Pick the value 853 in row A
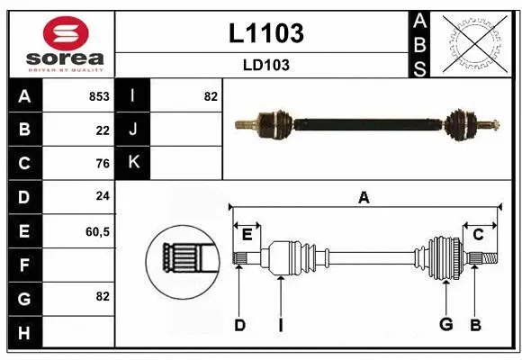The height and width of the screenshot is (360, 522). tap(99, 96)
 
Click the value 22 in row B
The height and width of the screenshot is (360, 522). tap(103, 130)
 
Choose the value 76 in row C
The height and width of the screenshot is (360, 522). tap(103, 164)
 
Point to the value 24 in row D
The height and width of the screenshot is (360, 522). tap(103, 197)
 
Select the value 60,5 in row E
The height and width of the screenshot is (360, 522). tap(97, 231)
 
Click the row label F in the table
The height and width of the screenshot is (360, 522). tap(24, 265)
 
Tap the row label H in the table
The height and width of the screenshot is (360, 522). tap(24, 333)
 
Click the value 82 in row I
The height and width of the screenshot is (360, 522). tap(211, 96)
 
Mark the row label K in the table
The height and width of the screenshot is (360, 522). tap(133, 164)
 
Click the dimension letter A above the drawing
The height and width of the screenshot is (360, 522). tap(364, 198)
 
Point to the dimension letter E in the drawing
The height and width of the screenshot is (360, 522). tap(247, 234)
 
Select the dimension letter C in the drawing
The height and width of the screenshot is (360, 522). tap(479, 234)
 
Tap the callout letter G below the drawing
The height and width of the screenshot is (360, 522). tap(445, 325)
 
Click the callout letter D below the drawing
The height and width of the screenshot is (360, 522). tap(239, 325)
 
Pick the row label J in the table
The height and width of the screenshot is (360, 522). tap(133, 130)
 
